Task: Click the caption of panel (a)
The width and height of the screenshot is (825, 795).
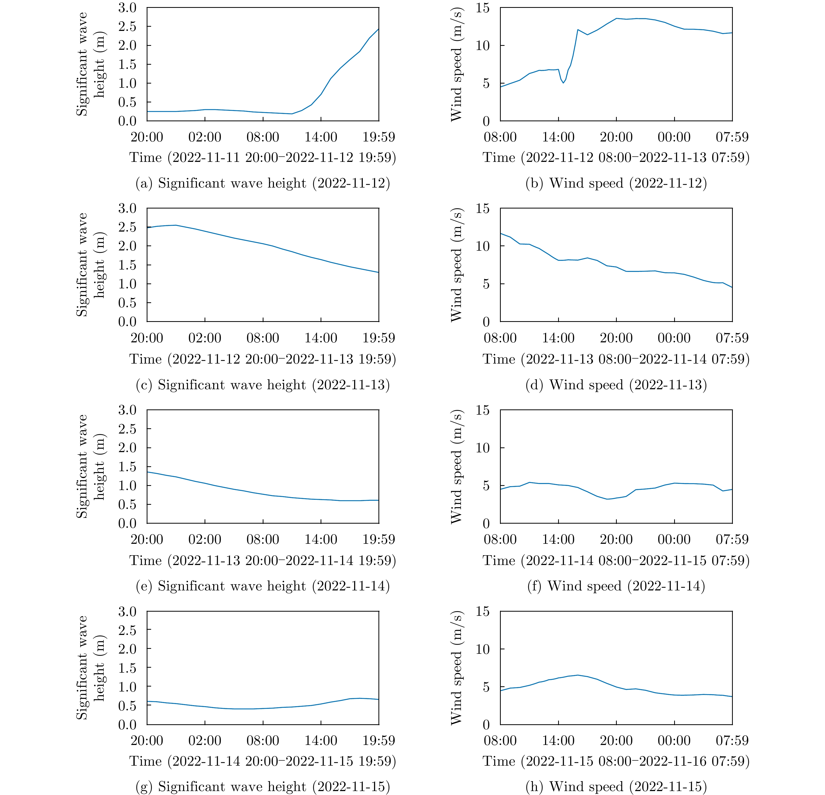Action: pos(263,183)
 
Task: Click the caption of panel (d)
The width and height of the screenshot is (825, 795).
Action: pos(616,385)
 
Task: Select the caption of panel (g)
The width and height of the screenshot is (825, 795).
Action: pos(263,787)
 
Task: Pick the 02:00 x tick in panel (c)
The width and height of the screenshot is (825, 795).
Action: pos(205,338)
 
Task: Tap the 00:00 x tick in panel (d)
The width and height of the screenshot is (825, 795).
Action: pos(674,338)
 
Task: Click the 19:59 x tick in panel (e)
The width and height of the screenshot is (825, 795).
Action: pos(379,539)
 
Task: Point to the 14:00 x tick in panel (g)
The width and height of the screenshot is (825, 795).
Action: pos(321,741)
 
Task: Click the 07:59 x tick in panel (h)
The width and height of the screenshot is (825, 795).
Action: pos(732,741)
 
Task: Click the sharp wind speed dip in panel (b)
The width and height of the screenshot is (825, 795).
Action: pos(563,83)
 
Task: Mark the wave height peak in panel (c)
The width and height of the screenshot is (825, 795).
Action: pos(176,225)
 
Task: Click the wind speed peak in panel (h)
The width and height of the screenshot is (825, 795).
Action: pos(577,675)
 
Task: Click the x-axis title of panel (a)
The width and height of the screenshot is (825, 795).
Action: pos(263,157)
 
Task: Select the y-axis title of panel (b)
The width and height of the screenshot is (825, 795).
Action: pos(456,64)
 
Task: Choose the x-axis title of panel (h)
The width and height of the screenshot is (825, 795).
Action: pos(616,761)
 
